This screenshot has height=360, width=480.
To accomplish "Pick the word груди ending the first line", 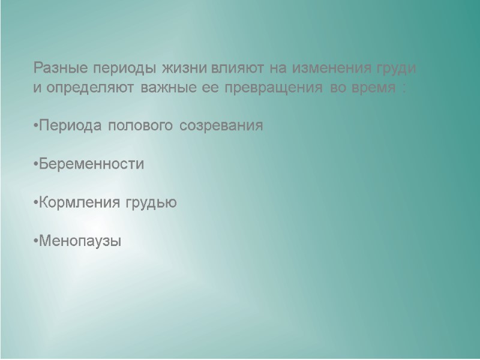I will tap(397, 68).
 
